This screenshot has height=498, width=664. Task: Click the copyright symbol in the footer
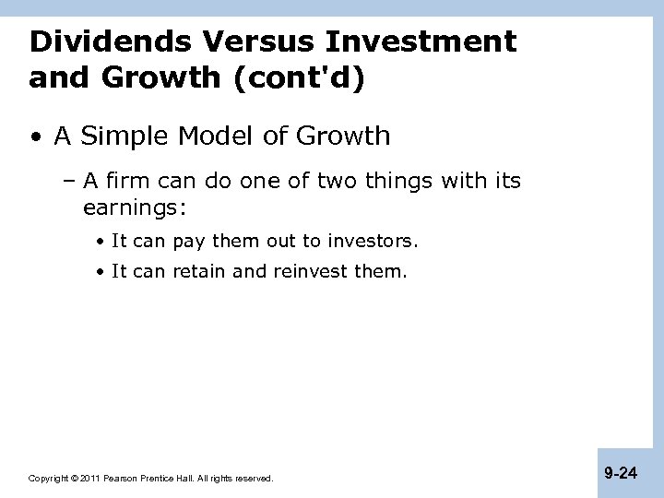(x=75, y=479)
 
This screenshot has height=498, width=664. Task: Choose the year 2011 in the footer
(x=90, y=479)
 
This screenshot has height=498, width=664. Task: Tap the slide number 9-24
(x=621, y=473)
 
